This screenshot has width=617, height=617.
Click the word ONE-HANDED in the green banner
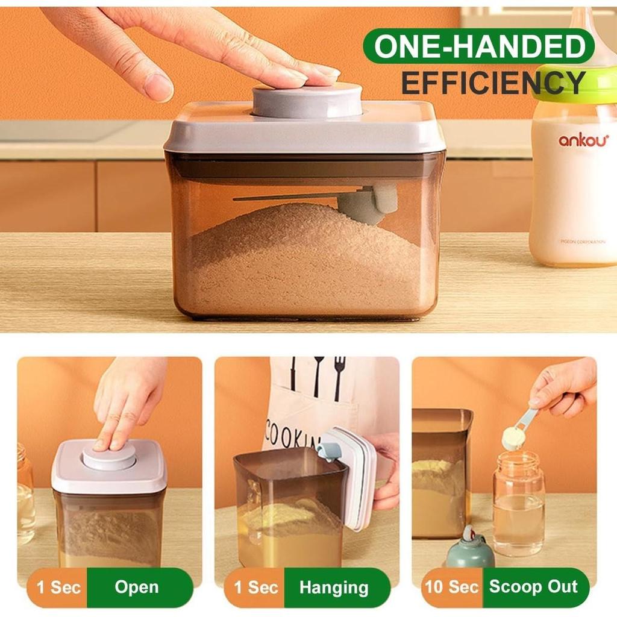(479, 46)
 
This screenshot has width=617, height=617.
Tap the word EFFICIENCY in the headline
(493, 83)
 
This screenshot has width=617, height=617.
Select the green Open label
(137, 587)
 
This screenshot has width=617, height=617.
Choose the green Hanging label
(334, 587)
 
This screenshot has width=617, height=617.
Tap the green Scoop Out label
(533, 586)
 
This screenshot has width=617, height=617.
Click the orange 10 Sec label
(452, 586)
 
